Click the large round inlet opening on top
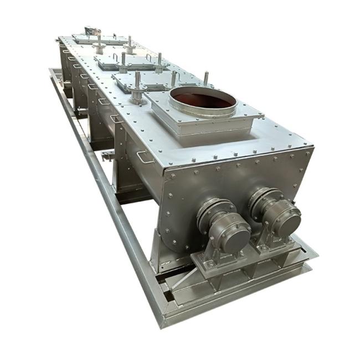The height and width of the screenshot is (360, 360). [203, 99]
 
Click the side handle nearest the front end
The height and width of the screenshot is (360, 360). [145, 157]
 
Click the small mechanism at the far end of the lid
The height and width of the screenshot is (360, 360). [90, 30]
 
